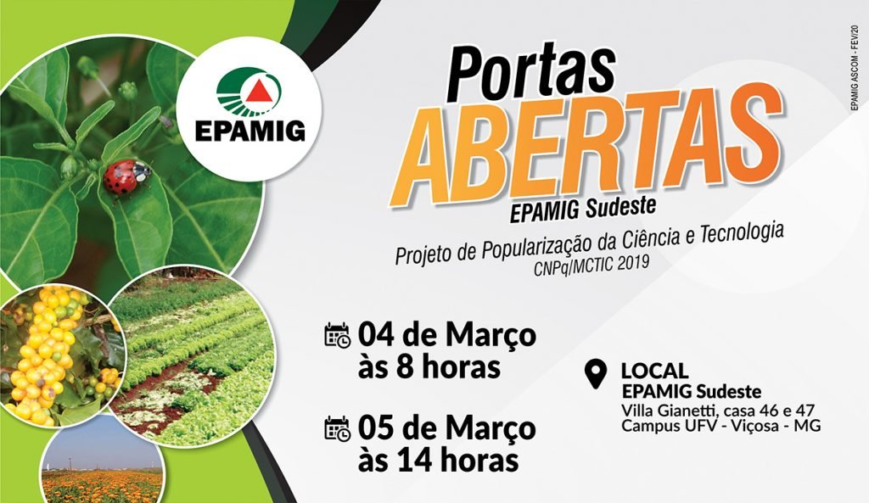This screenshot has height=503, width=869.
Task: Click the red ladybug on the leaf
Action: pyautogui.click(x=126, y=176)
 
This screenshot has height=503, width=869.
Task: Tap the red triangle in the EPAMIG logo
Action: pyautogui.click(x=256, y=91)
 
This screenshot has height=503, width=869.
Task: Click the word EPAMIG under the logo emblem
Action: pyautogui.click(x=250, y=131)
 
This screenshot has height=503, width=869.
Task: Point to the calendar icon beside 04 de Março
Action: pyautogui.click(x=337, y=335)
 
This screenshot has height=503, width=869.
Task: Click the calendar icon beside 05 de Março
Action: pyautogui.click(x=337, y=428)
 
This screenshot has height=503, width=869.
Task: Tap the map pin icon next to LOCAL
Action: pyautogui.click(x=596, y=374)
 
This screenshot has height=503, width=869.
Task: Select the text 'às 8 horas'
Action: pyautogui.click(x=429, y=367)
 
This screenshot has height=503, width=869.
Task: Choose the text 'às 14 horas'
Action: pyautogui.click(x=439, y=461)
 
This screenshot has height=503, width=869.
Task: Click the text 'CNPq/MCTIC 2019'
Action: pyautogui.click(x=591, y=265)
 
